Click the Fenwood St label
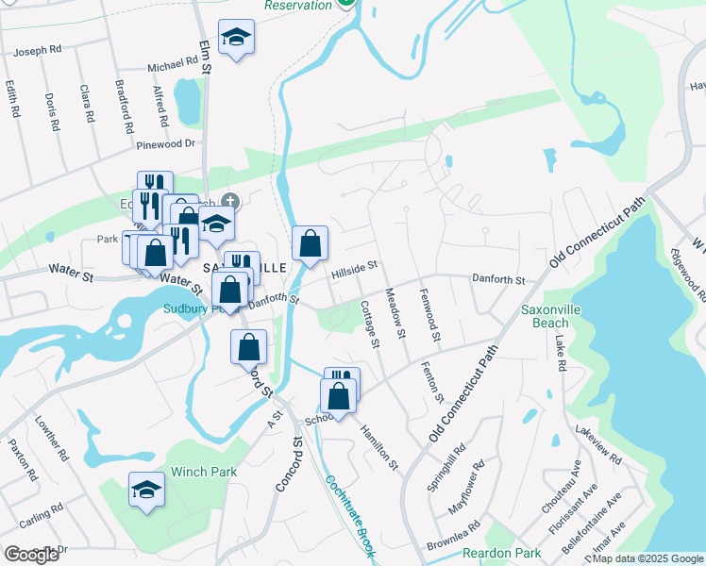coord(430,317)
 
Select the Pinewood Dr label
coord(165,144)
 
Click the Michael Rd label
coord(172,68)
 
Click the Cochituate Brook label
coord(348,513)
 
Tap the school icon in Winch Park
coord(146,489)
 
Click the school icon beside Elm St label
coord(236,37)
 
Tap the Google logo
coord(31,555)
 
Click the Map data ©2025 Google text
coord(647,558)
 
